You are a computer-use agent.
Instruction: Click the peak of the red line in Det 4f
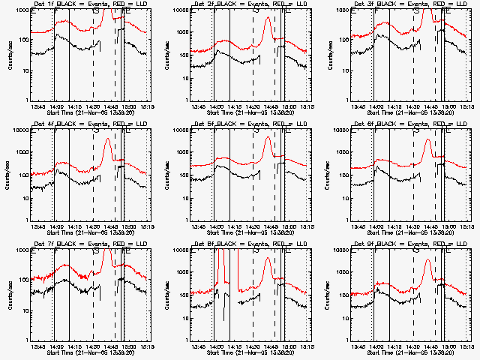point(108,139)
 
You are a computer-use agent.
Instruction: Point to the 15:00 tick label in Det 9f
point(448,347)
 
